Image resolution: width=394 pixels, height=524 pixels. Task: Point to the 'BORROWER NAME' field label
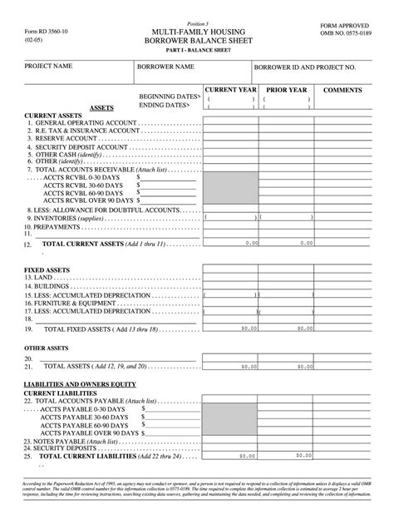click(165, 66)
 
